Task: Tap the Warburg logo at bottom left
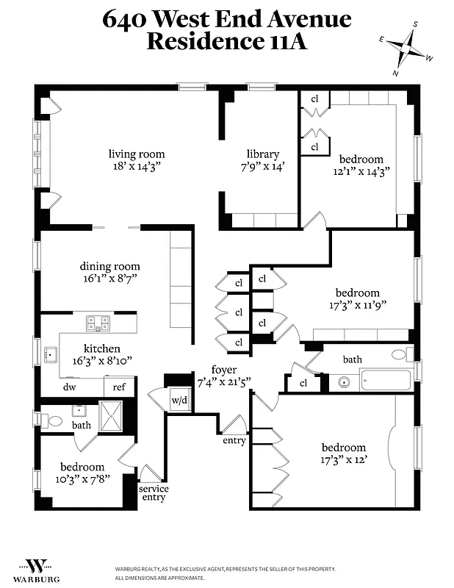point(33,567)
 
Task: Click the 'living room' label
point(137,154)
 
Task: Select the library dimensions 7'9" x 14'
point(263,167)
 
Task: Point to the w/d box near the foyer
point(179,401)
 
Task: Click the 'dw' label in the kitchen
point(70,387)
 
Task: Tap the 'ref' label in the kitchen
point(119,387)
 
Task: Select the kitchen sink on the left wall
point(50,355)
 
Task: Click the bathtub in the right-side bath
point(385,381)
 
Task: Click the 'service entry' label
point(154,493)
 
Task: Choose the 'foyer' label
point(224,370)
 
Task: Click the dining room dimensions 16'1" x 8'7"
point(109,279)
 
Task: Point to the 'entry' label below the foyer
point(234,441)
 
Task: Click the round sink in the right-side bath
point(343,382)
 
